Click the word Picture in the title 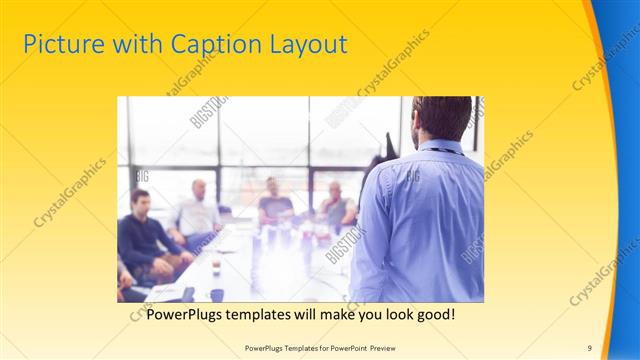(x=57, y=45)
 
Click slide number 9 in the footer (x=589, y=347)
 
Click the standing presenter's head (x=441, y=118)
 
